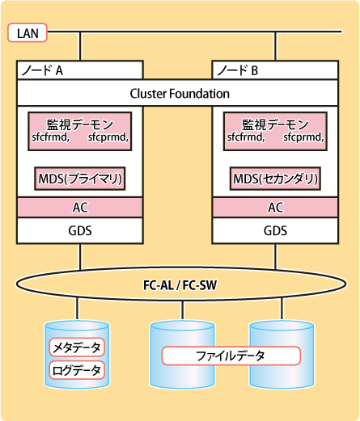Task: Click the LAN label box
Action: (x=28, y=33)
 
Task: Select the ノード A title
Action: (x=42, y=70)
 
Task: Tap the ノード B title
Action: (x=238, y=70)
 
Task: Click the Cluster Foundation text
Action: (x=180, y=94)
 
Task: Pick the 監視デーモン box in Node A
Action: (x=80, y=131)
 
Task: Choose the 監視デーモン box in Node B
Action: (x=275, y=131)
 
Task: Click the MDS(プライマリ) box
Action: (x=80, y=179)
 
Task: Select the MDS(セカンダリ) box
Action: (x=275, y=179)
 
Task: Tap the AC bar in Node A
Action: (x=80, y=208)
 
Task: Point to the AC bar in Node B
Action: (x=275, y=208)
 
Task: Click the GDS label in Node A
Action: (x=80, y=231)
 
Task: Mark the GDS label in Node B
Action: (x=275, y=231)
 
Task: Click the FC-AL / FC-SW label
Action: (x=180, y=285)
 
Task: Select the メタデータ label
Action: (x=77, y=347)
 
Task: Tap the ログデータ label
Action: (x=77, y=370)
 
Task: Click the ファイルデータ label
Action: (x=231, y=356)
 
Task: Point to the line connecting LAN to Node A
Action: (x=80, y=46)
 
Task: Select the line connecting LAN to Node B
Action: (x=275, y=46)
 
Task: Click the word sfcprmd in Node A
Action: (x=107, y=137)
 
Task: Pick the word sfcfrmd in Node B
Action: (x=244, y=137)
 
